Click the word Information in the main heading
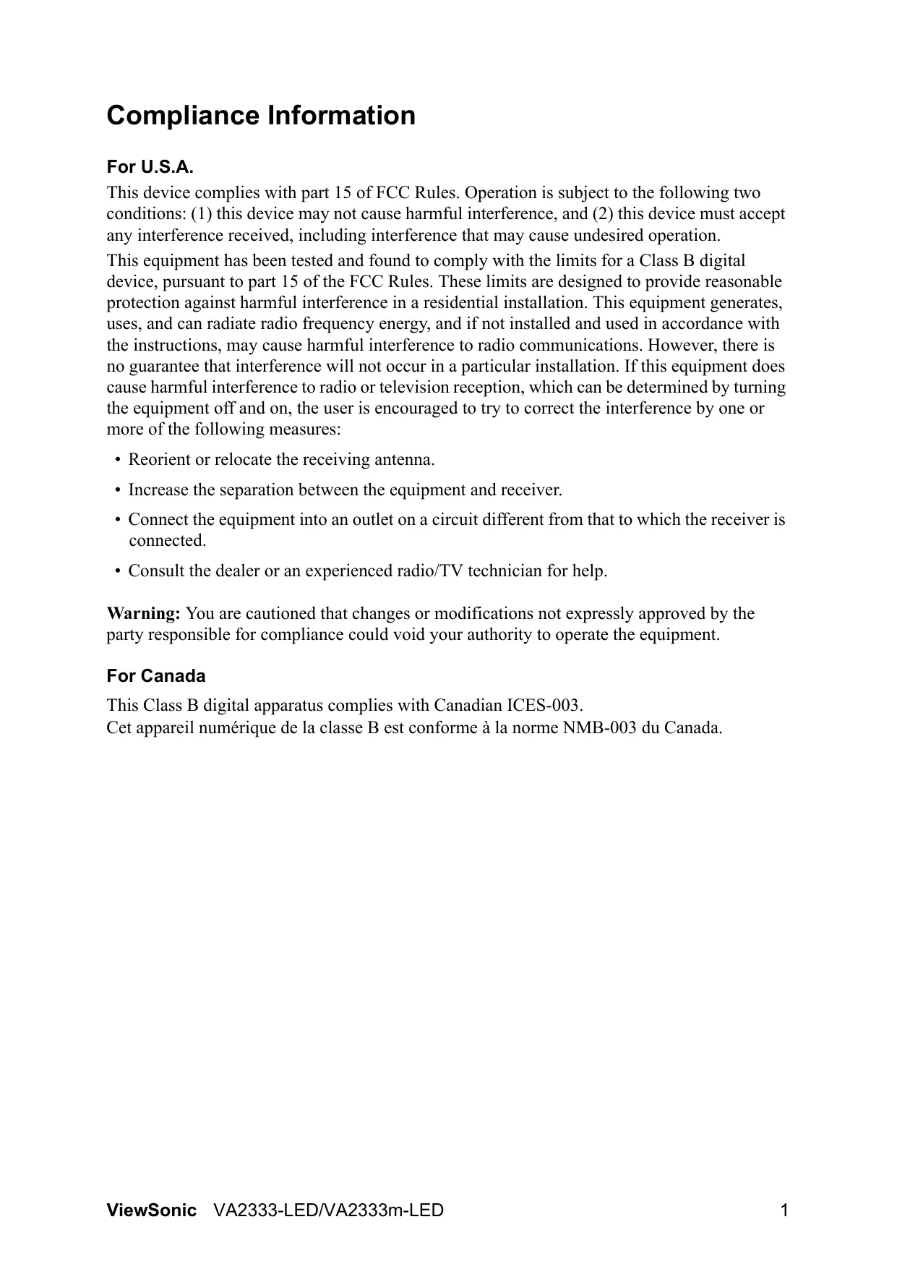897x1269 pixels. [x=342, y=116]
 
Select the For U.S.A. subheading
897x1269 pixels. [x=150, y=168]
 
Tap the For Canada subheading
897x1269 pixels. [x=156, y=676]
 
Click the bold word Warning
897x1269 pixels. [x=143, y=614]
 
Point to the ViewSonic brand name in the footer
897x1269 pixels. [x=151, y=1210]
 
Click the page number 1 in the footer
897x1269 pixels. [x=784, y=1210]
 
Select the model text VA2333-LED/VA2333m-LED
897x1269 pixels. [x=329, y=1210]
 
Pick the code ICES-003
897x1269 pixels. [x=544, y=706]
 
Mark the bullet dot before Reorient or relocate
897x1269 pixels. [x=117, y=461]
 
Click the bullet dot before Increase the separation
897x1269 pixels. [x=117, y=491]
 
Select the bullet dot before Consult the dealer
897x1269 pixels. [x=117, y=572]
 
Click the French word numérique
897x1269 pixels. [x=241, y=727]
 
